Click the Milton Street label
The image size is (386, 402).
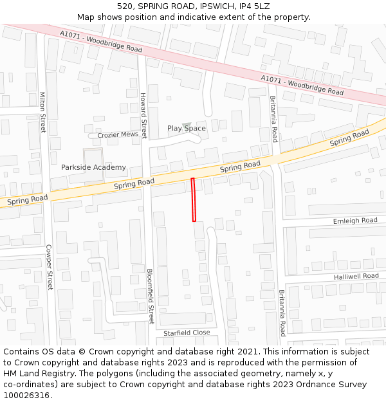[43, 112]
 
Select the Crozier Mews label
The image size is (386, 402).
[118, 135]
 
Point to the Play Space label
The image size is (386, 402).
[187, 129]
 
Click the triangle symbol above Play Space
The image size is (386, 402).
[187, 125]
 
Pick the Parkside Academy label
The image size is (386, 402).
[93, 167]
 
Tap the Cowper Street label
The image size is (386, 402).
[49, 267]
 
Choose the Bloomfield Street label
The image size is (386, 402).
[151, 295]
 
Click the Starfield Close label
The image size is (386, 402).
[186, 333]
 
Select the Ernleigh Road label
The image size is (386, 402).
[355, 221]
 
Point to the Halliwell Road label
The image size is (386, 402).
[356, 276]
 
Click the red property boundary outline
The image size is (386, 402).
[193, 200]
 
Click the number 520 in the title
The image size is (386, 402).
[125, 6]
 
